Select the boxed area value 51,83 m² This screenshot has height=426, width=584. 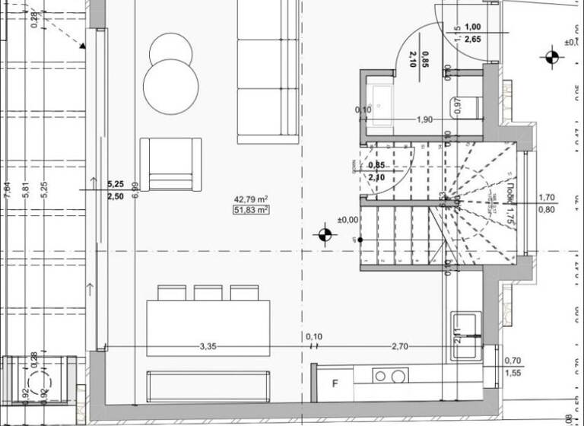(x=251, y=210)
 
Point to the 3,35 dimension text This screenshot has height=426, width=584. (x=207, y=346)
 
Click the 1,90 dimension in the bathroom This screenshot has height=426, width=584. (x=424, y=119)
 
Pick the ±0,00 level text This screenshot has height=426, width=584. (x=348, y=220)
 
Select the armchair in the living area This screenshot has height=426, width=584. (x=170, y=164)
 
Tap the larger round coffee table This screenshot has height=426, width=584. (x=170, y=87)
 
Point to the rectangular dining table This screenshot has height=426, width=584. (x=208, y=328)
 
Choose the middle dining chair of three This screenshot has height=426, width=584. (x=208, y=293)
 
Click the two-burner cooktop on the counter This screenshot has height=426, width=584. (x=389, y=376)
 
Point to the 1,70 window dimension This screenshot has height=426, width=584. (x=546, y=196)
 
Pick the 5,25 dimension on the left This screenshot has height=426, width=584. (x=115, y=184)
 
